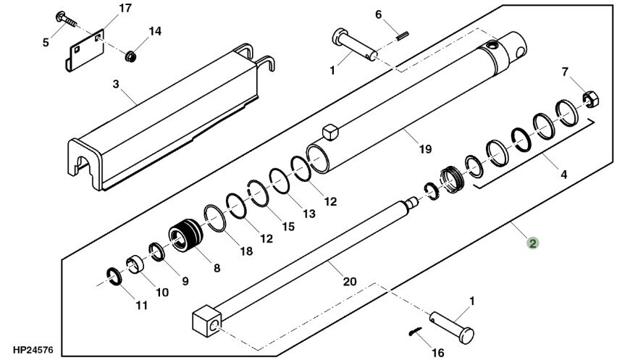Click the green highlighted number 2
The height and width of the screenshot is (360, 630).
point(532,244)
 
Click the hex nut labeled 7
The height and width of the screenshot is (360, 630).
point(590,98)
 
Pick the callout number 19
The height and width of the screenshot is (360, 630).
point(424,149)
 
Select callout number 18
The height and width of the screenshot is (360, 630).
point(246,251)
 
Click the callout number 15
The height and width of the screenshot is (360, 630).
point(288,227)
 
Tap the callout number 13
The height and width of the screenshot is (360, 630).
point(308,214)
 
